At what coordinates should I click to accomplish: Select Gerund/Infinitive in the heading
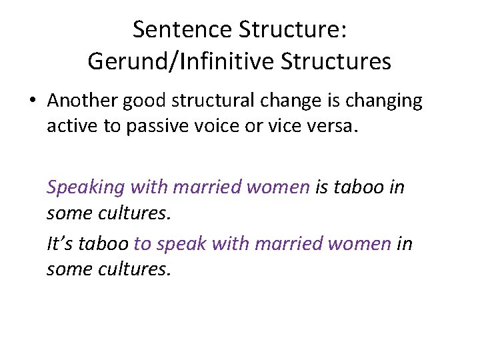pos(183,61)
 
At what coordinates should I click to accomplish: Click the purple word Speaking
pos(85,188)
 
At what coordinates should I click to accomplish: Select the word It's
pos(60,244)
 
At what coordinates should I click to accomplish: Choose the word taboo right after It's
pos(103,244)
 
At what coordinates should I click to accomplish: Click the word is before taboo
pos(321,187)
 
